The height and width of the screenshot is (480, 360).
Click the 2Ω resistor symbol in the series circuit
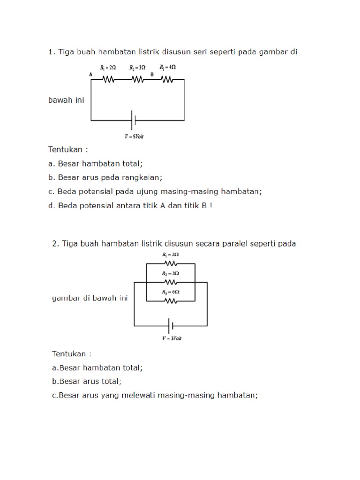click(x=108, y=80)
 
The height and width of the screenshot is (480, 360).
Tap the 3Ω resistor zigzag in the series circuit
click(x=137, y=80)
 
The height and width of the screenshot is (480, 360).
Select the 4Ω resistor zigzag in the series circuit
click(x=167, y=80)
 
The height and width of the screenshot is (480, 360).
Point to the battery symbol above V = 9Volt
click(x=134, y=120)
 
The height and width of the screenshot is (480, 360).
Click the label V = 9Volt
click(x=134, y=136)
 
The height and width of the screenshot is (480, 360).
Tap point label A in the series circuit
click(x=90, y=75)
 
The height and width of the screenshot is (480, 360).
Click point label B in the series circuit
click(x=152, y=75)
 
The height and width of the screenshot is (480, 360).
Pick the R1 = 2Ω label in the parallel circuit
click(x=171, y=255)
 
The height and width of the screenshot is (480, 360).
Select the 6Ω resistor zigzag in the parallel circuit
click(x=171, y=301)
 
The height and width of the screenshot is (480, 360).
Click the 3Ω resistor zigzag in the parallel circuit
click(x=171, y=282)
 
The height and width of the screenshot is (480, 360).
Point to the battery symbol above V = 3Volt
click(x=171, y=326)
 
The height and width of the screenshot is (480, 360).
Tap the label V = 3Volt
click(x=172, y=338)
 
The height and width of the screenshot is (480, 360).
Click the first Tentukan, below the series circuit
click(x=65, y=150)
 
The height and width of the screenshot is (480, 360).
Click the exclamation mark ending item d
click(x=211, y=205)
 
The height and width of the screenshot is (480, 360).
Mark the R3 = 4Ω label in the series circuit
click(x=167, y=67)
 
